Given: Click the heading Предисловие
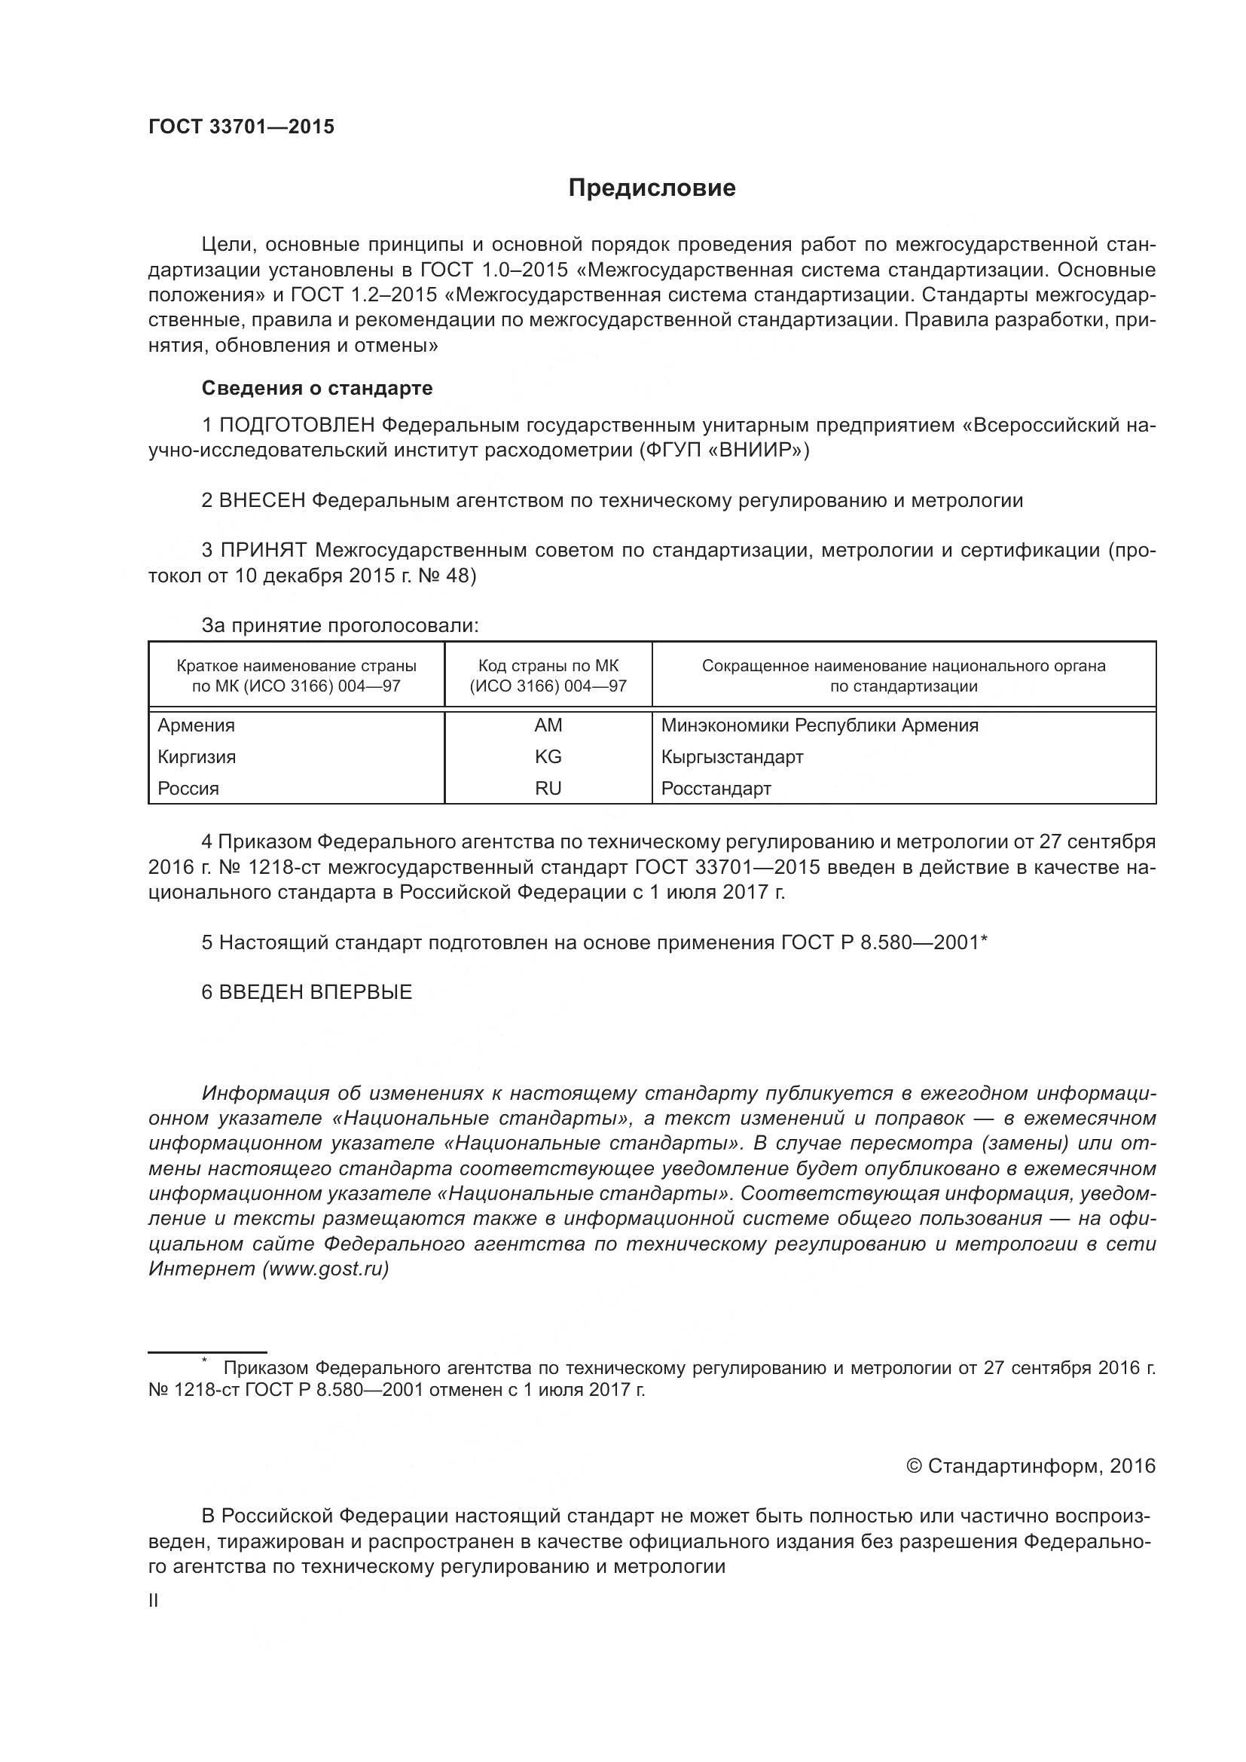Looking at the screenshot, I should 652,188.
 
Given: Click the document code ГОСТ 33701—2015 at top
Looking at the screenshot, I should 242,127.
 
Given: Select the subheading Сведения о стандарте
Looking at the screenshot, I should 317,388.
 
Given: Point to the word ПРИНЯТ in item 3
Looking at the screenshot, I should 263,550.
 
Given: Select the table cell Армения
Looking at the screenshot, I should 197,725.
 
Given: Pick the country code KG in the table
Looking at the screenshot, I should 548,756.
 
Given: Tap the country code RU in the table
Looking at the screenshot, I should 548,788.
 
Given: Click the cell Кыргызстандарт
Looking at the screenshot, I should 732,756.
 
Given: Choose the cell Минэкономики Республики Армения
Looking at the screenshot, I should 820,725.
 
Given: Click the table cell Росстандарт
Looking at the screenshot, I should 716,788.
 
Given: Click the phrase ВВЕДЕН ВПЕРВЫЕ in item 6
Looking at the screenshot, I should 316,992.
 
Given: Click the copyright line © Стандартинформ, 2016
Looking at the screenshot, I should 1031,1467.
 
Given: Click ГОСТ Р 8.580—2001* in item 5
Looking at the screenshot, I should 884,942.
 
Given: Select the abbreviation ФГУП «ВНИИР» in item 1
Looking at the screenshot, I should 722,450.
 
